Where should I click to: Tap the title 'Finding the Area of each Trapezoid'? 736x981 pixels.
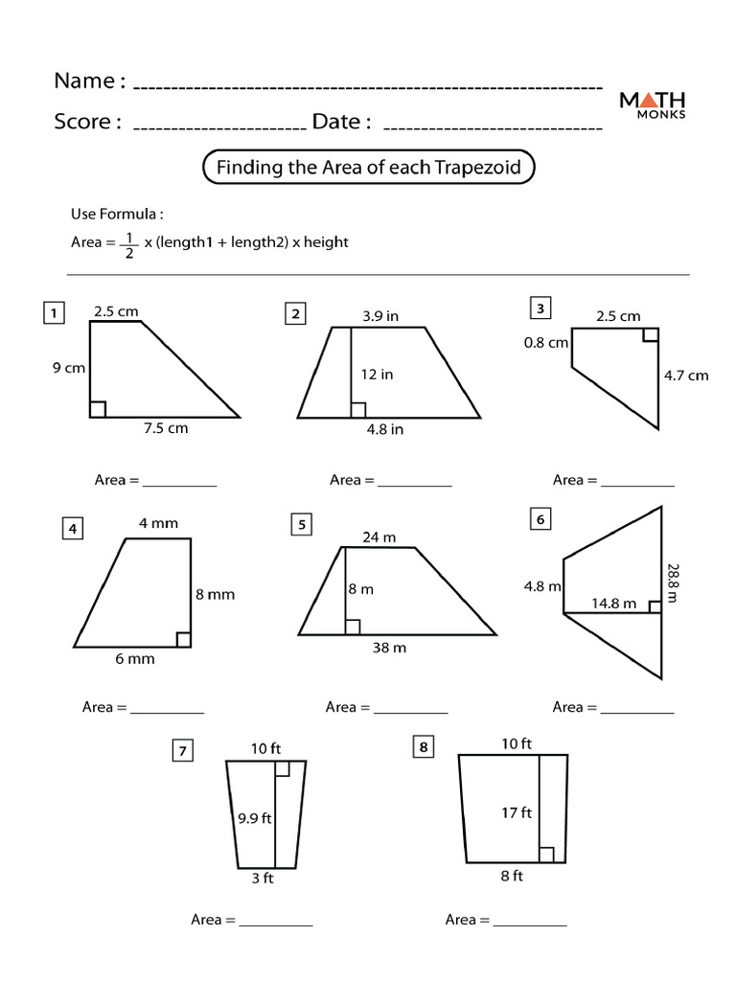coord(368,168)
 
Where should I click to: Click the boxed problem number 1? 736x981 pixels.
coord(55,313)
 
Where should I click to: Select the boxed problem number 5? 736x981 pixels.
coord(301,524)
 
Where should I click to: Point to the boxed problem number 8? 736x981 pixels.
coord(422,747)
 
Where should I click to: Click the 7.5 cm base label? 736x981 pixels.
coord(166,428)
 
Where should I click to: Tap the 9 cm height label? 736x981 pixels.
coord(69,367)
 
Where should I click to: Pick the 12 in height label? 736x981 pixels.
coord(377,375)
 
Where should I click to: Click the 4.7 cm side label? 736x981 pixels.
coord(686,376)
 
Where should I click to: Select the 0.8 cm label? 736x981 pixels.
coord(545,342)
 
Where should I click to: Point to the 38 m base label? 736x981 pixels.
coord(389,648)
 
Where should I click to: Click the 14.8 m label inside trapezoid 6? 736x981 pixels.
coord(613,604)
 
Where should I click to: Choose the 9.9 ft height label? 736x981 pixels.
coord(255,818)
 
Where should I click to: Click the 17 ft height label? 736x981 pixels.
coord(517,812)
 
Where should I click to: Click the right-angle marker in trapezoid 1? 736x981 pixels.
coord(98,410)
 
